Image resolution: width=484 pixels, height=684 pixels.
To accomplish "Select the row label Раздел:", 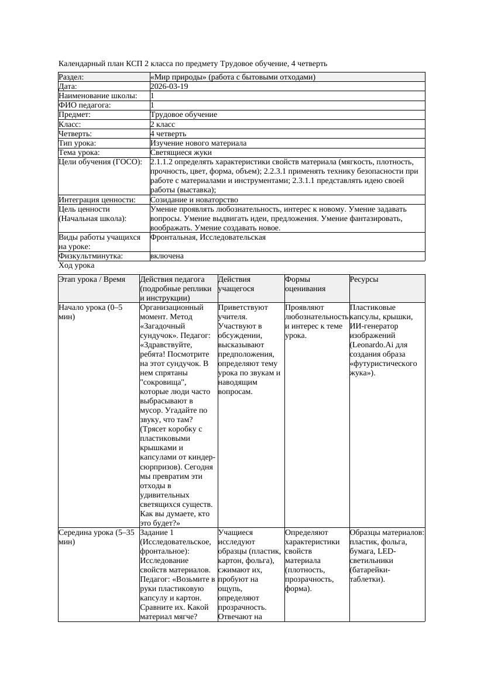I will pos(71,77).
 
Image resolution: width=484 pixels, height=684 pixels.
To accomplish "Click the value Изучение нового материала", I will pos(198,143).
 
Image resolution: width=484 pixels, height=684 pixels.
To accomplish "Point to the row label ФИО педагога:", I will pos(85,105).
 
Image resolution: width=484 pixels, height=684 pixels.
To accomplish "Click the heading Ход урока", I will pos(76,265).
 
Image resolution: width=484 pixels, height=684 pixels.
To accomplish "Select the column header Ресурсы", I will pos(364,279).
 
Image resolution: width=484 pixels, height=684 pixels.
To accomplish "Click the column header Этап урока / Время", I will pos(92,279).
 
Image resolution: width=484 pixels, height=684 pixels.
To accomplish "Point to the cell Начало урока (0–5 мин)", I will pos(91,312).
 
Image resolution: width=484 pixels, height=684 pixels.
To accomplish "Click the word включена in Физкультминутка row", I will pos(167,256).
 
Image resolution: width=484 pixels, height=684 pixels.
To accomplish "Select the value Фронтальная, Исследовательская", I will pos(208,237).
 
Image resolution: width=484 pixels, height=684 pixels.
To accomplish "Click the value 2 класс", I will pos(163,125).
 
